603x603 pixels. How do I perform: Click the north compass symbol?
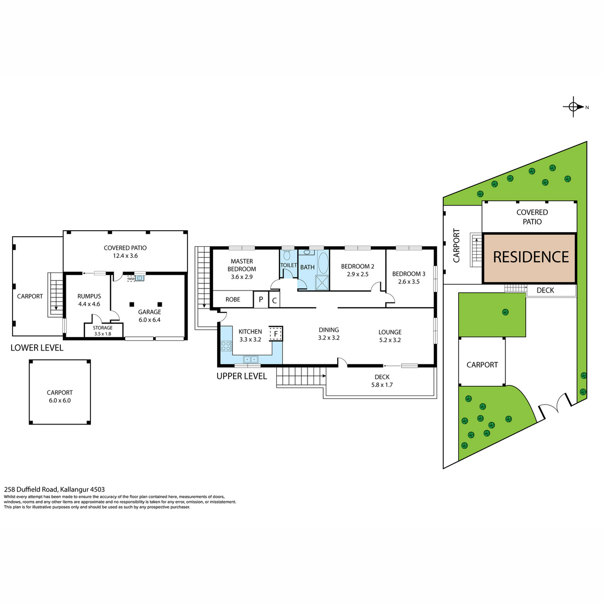[x=574, y=107]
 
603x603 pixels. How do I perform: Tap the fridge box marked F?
[x=276, y=334]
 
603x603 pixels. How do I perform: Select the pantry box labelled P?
[x=261, y=299]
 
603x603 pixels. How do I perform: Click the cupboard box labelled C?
[x=274, y=300]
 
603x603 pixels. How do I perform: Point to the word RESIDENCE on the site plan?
[x=531, y=257]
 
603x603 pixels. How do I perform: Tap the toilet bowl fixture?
[x=287, y=256]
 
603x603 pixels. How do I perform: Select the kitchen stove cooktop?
[x=227, y=346]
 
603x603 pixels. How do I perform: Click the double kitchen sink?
[x=251, y=359]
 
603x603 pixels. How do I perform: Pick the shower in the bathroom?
[x=322, y=282]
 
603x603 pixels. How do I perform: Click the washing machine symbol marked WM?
[x=131, y=278]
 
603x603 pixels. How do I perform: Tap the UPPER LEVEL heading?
[x=242, y=376]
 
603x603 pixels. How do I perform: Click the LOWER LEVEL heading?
[x=37, y=348]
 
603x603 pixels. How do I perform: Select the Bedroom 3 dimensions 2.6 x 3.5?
[x=409, y=281]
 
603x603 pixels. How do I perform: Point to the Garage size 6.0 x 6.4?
[x=150, y=320]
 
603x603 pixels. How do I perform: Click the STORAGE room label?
[x=103, y=328]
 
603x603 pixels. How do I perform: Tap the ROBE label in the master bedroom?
[x=233, y=299]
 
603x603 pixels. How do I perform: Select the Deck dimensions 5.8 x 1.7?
[x=382, y=385]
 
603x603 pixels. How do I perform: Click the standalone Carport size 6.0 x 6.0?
[x=60, y=400]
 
